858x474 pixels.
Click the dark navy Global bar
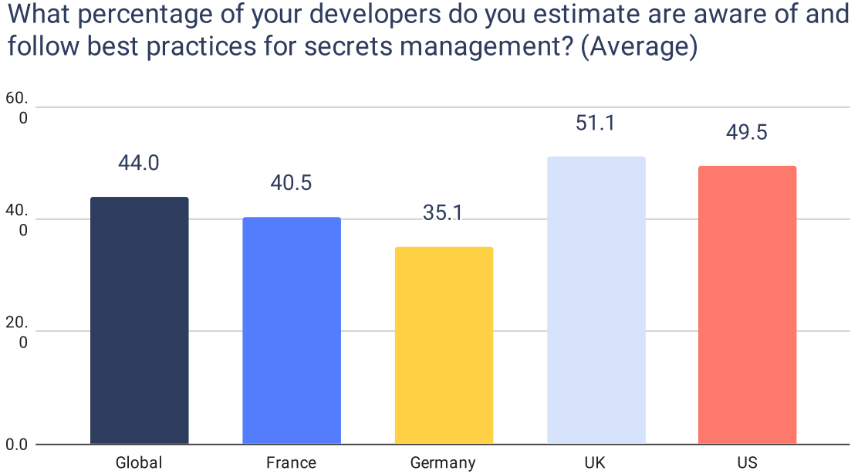pyautogui.click(x=139, y=320)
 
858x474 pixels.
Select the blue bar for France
pyautogui.click(x=291, y=330)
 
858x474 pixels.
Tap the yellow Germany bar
pyautogui.click(x=444, y=345)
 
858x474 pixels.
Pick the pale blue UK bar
pyautogui.click(x=596, y=300)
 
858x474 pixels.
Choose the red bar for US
pyautogui.click(x=747, y=305)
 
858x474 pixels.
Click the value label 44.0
pyautogui.click(x=139, y=163)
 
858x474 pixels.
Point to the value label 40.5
pyautogui.click(x=291, y=183)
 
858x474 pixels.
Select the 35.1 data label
pyautogui.click(x=443, y=213)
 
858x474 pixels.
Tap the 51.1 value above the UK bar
pyautogui.click(x=595, y=123)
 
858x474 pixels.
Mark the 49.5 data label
pyautogui.click(x=747, y=132)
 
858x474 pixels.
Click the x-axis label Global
pyautogui.click(x=139, y=462)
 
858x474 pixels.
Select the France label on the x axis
pyautogui.click(x=291, y=462)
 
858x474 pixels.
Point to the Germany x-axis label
pyautogui.click(x=443, y=463)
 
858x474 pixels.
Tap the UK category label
pyautogui.click(x=595, y=462)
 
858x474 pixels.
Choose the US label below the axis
pyautogui.click(x=747, y=462)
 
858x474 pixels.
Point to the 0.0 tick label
pyautogui.click(x=17, y=445)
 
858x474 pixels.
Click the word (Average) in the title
pyautogui.click(x=639, y=46)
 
